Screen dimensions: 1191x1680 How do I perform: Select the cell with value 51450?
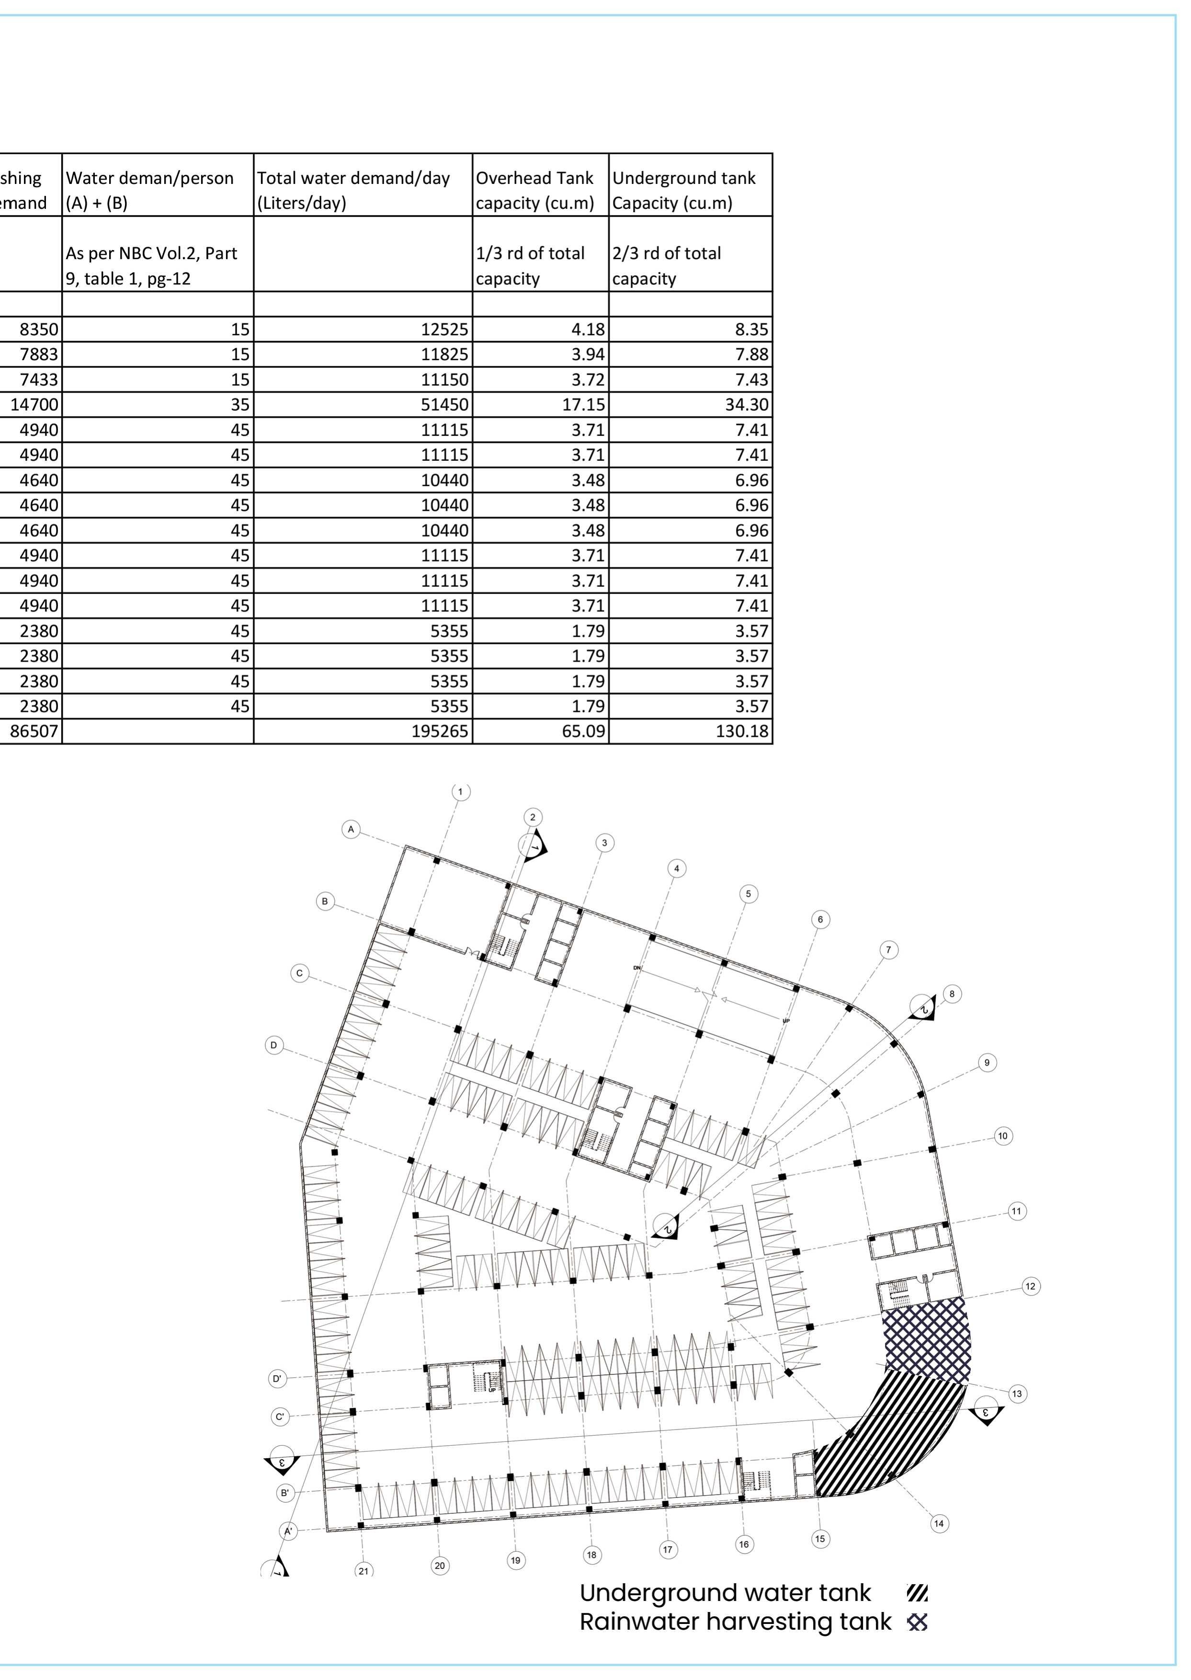click(x=363, y=404)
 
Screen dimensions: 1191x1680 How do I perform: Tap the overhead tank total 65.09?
click(x=541, y=731)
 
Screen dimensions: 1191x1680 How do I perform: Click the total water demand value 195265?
click(x=363, y=731)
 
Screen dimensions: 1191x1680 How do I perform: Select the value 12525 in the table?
click(x=363, y=330)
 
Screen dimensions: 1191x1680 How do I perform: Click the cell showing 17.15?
click(x=541, y=404)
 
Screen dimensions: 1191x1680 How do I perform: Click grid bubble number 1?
click(x=461, y=791)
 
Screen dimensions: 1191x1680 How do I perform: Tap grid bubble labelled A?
click(x=352, y=830)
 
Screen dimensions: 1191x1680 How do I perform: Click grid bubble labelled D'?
click(x=277, y=1379)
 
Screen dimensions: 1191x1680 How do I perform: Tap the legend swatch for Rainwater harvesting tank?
click(x=918, y=1622)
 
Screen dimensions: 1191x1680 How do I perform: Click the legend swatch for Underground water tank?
click(x=918, y=1593)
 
